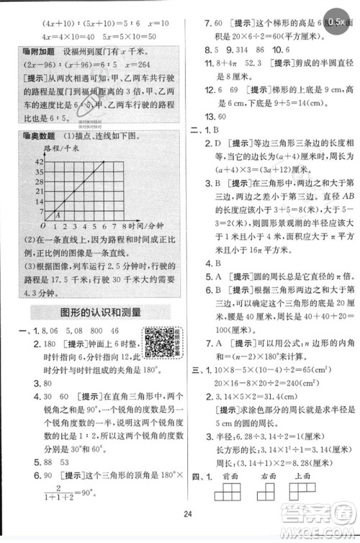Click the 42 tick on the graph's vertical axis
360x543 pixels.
tap(39, 163)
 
